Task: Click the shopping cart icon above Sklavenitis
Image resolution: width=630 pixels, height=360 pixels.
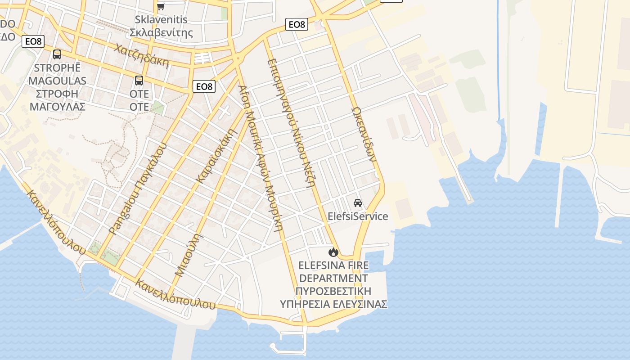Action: click(161, 6)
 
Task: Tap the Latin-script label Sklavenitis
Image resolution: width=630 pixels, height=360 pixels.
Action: click(161, 20)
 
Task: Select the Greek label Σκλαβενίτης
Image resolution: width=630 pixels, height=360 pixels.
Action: click(161, 32)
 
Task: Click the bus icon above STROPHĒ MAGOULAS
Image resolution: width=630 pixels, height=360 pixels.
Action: click(57, 54)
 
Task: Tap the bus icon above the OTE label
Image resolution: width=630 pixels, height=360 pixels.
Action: click(139, 81)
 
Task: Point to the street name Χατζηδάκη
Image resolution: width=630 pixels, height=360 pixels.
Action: click(141, 56)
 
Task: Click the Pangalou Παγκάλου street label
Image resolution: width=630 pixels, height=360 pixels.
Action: click(138, 189)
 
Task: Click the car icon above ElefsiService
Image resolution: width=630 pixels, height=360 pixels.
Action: click(358, 202)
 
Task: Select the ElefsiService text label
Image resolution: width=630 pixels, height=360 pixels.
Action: click(358, 216)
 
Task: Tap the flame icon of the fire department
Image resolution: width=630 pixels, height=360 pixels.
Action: click(333, 252)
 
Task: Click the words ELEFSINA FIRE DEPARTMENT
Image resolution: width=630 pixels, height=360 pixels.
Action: click(333, 272)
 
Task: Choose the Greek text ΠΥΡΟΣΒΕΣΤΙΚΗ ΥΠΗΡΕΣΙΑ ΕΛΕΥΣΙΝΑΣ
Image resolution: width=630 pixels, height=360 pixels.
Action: click(333, 297)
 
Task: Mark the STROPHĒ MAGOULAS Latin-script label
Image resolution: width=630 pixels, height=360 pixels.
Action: click(57, 74)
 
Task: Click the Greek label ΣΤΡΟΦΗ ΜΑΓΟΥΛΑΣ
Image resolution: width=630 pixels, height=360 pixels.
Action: click(57, 100)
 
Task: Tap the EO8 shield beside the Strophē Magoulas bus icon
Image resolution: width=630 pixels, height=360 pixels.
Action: click(33, 41)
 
